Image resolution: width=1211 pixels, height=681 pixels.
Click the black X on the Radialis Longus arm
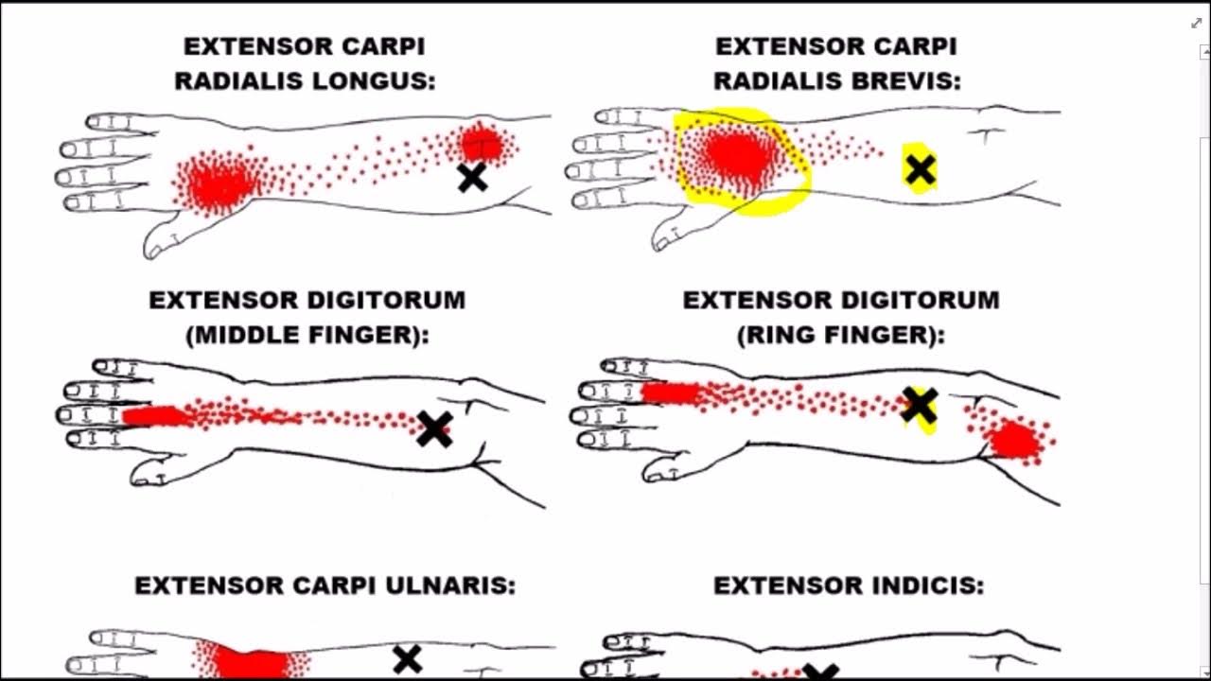pyautogui.click(x=472, y=177)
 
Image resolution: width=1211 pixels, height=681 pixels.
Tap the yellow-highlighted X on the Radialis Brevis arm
pyautogui.click(x=920, y=169)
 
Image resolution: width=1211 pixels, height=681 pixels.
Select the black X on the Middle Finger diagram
pyautogui.click(x=434, y=428)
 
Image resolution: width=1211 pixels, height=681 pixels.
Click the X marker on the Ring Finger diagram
pyautogui.click(x=919, y=405)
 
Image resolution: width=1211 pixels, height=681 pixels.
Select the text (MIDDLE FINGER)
pyautogui.click(x=307, y=335)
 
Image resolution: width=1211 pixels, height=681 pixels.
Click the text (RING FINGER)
pyautogui.click(x=841, y=335)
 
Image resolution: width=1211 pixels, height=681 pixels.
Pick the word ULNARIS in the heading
pyautogui.click(x=458, y=586)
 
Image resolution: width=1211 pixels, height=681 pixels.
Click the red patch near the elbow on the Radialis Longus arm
pyautogui.click(x=482, y=144)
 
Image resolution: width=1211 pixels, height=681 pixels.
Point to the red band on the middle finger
pyautogui.click(x=155, y=415)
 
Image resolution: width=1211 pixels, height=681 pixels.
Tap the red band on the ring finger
pyautogui.click(x=671, y=393)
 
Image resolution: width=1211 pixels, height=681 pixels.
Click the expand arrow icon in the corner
pyautogui.click(x=1195, y=23)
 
